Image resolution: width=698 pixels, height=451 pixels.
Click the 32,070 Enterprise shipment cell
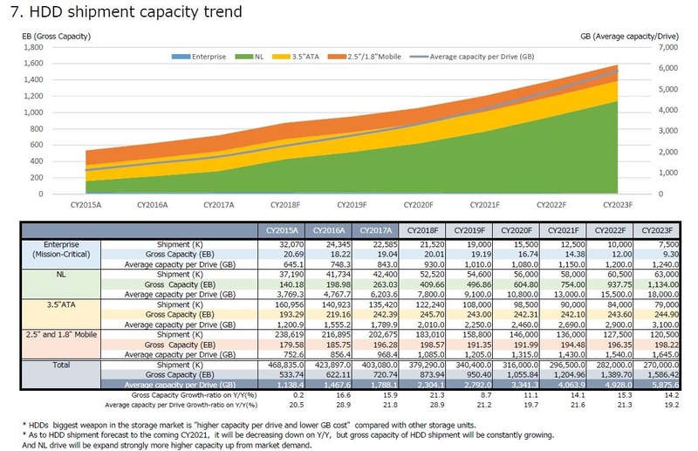pos(284,243)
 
